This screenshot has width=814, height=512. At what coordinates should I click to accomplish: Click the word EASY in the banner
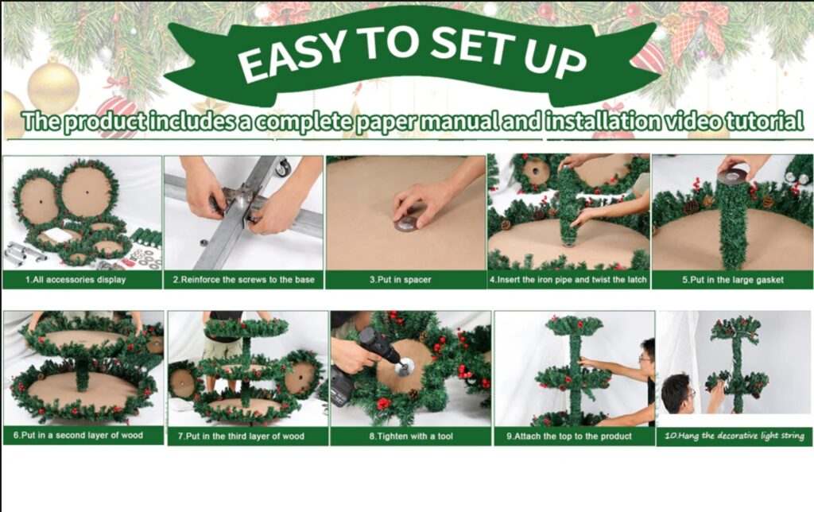[x=292, y=56]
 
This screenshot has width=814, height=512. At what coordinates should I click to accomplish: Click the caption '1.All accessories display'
[x=76, y=280]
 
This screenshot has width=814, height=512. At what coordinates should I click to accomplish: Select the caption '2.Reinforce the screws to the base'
[x=243, y=280]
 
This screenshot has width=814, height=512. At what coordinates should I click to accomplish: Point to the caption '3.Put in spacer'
[x=401, y=280]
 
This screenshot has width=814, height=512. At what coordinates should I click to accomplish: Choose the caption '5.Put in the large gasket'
[x=732, y=280]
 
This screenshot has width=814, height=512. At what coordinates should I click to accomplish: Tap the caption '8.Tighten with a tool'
[x=411, y=436]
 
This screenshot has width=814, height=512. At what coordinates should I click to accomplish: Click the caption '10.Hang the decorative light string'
[x=734, y=436]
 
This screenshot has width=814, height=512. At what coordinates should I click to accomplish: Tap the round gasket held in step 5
[x=735, y=177]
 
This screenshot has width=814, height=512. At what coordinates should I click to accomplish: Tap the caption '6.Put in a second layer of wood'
[x=78, y=435]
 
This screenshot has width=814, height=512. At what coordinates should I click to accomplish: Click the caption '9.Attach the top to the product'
[x=569, y=436]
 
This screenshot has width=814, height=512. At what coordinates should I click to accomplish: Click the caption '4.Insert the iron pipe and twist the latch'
[x=568, y=280]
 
